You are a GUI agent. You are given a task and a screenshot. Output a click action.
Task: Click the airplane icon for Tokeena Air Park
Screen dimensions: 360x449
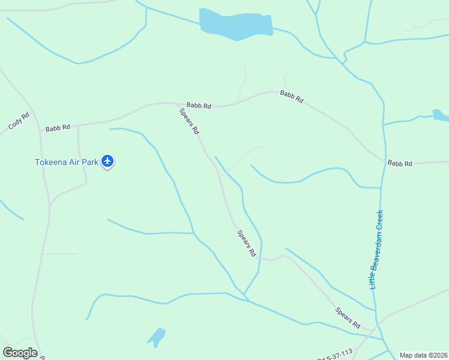click(x=108, y=161)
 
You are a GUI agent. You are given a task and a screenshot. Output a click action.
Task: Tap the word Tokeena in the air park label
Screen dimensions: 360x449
click(x=50, y=161)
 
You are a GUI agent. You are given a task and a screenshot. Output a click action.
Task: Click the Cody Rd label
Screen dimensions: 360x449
click(x=19, y=122)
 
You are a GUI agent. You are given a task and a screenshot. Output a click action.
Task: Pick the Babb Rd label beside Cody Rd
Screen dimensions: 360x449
click(x=58, y=128)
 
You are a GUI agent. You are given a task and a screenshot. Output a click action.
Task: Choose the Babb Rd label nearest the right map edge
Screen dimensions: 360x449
click(x=400, y=163)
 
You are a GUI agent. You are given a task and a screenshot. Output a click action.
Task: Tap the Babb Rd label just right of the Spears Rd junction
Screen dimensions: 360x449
click(x=199, y=106)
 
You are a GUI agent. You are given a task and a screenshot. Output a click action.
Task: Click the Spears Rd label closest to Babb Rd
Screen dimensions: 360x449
click(x=188, y=121)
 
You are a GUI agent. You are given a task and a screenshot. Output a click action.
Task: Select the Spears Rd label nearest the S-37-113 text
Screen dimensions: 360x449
click(x=348, y=318)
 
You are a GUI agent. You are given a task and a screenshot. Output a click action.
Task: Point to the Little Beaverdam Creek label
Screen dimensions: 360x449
click(x=376, y=250)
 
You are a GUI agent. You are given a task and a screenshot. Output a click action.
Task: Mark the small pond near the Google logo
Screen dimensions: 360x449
click(x=157, y=337)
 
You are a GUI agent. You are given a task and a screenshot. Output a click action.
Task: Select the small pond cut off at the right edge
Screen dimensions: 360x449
click(x=441, y=115)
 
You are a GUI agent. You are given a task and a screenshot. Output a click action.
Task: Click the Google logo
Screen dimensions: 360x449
click(x=20, y=353)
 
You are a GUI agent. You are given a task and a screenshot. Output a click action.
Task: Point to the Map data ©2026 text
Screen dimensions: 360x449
click(x=424, y=355)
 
